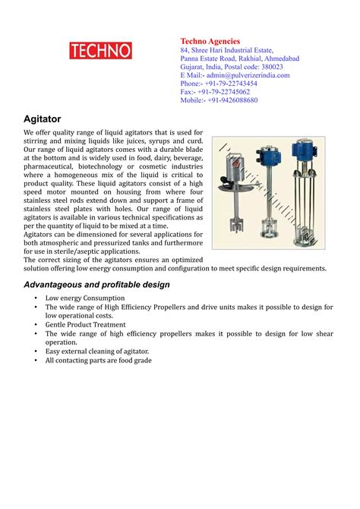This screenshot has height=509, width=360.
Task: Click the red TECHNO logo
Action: (x=100, y=51)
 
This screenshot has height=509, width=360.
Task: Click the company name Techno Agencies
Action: (x=210, y=41)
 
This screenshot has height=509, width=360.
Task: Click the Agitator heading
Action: (x=43, y=119)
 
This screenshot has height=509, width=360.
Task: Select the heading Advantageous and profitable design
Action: (x=96, y=284)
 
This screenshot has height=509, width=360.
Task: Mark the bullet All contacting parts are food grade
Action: (x=99, y=360)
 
